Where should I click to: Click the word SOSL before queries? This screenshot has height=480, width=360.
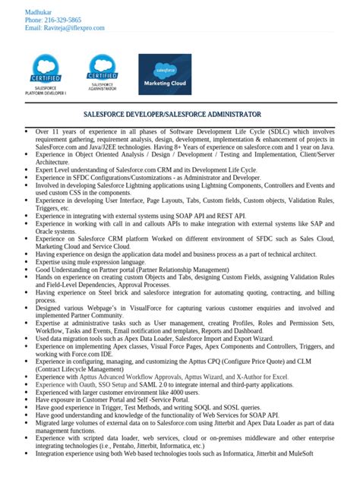click(x=219, y=407)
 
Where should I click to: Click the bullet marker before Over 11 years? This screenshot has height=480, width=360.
click(x=27, y=131)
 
